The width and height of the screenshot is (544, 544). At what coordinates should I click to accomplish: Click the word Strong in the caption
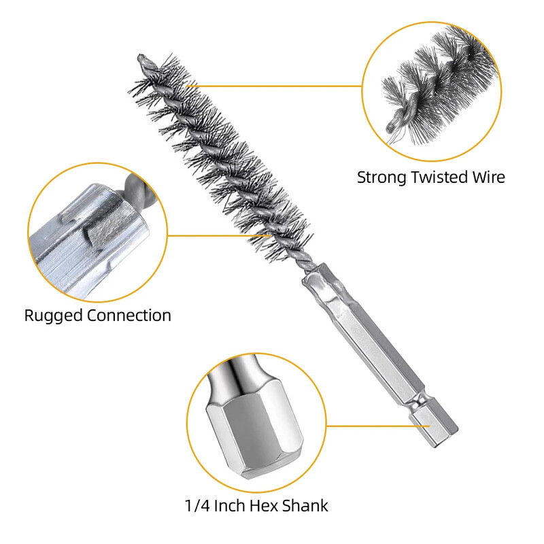click(381, 178)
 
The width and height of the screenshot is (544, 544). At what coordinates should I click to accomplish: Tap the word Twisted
click(439, 177)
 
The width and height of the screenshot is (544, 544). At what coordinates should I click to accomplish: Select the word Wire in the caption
click(489, 177)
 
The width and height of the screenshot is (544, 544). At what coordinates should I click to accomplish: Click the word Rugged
click(53, 316)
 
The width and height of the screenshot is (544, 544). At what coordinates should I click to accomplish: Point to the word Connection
click(129, 316)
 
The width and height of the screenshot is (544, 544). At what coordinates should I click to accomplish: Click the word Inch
click(230, 506)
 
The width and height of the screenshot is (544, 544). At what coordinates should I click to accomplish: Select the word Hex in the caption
click(264, 506)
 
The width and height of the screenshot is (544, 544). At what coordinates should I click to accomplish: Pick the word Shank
click(305, 506)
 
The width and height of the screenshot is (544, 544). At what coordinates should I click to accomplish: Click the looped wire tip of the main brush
click(143, 61)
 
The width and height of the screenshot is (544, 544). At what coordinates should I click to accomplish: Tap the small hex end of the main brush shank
click(434, 427)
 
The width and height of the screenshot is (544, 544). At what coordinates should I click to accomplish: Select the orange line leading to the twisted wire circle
click(274, 86)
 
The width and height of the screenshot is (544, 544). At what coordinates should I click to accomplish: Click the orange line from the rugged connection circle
click(218, 235)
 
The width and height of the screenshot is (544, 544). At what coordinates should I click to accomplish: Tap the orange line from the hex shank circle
click(378, 426)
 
